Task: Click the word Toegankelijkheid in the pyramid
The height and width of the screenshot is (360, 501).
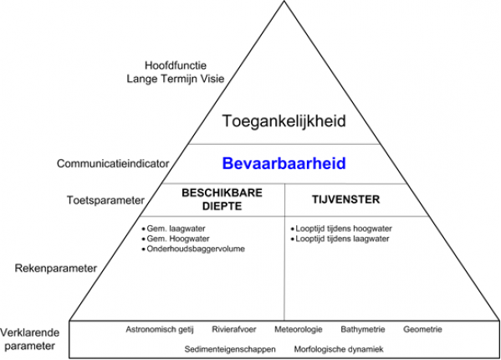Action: click(284, 121)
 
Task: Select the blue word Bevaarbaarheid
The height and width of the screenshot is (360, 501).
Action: click(284, 163)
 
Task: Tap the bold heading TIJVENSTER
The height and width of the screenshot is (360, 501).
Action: click(345, 199)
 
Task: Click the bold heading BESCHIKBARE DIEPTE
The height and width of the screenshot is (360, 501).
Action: click(222, 199)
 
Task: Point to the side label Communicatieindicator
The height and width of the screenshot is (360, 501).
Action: click(113, 164)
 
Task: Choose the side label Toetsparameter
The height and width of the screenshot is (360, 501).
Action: click(105, 200)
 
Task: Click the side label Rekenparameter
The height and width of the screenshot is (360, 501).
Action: click(55, 268)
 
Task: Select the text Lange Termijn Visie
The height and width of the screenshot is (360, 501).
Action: click(176, 79)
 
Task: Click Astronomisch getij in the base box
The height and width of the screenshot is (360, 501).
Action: click(160, 330)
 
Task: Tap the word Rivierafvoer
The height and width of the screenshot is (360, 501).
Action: click(234, 329)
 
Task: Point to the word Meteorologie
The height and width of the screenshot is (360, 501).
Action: click(299, 329)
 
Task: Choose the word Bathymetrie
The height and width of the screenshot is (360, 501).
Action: click(363, 329)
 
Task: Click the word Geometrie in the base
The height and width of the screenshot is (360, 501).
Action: click(422, 329)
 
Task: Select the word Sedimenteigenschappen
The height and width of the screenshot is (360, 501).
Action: click(230, 349)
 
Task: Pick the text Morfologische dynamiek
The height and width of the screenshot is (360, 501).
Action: click(339, 349)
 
